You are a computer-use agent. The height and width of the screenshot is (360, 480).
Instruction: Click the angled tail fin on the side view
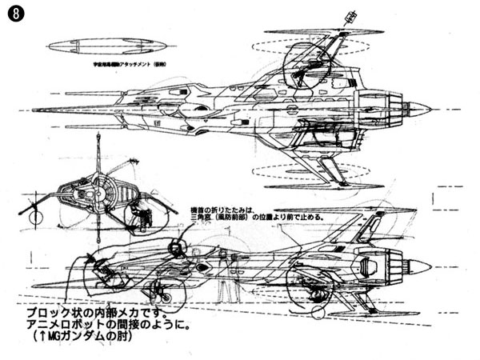[x=364, y=228]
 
